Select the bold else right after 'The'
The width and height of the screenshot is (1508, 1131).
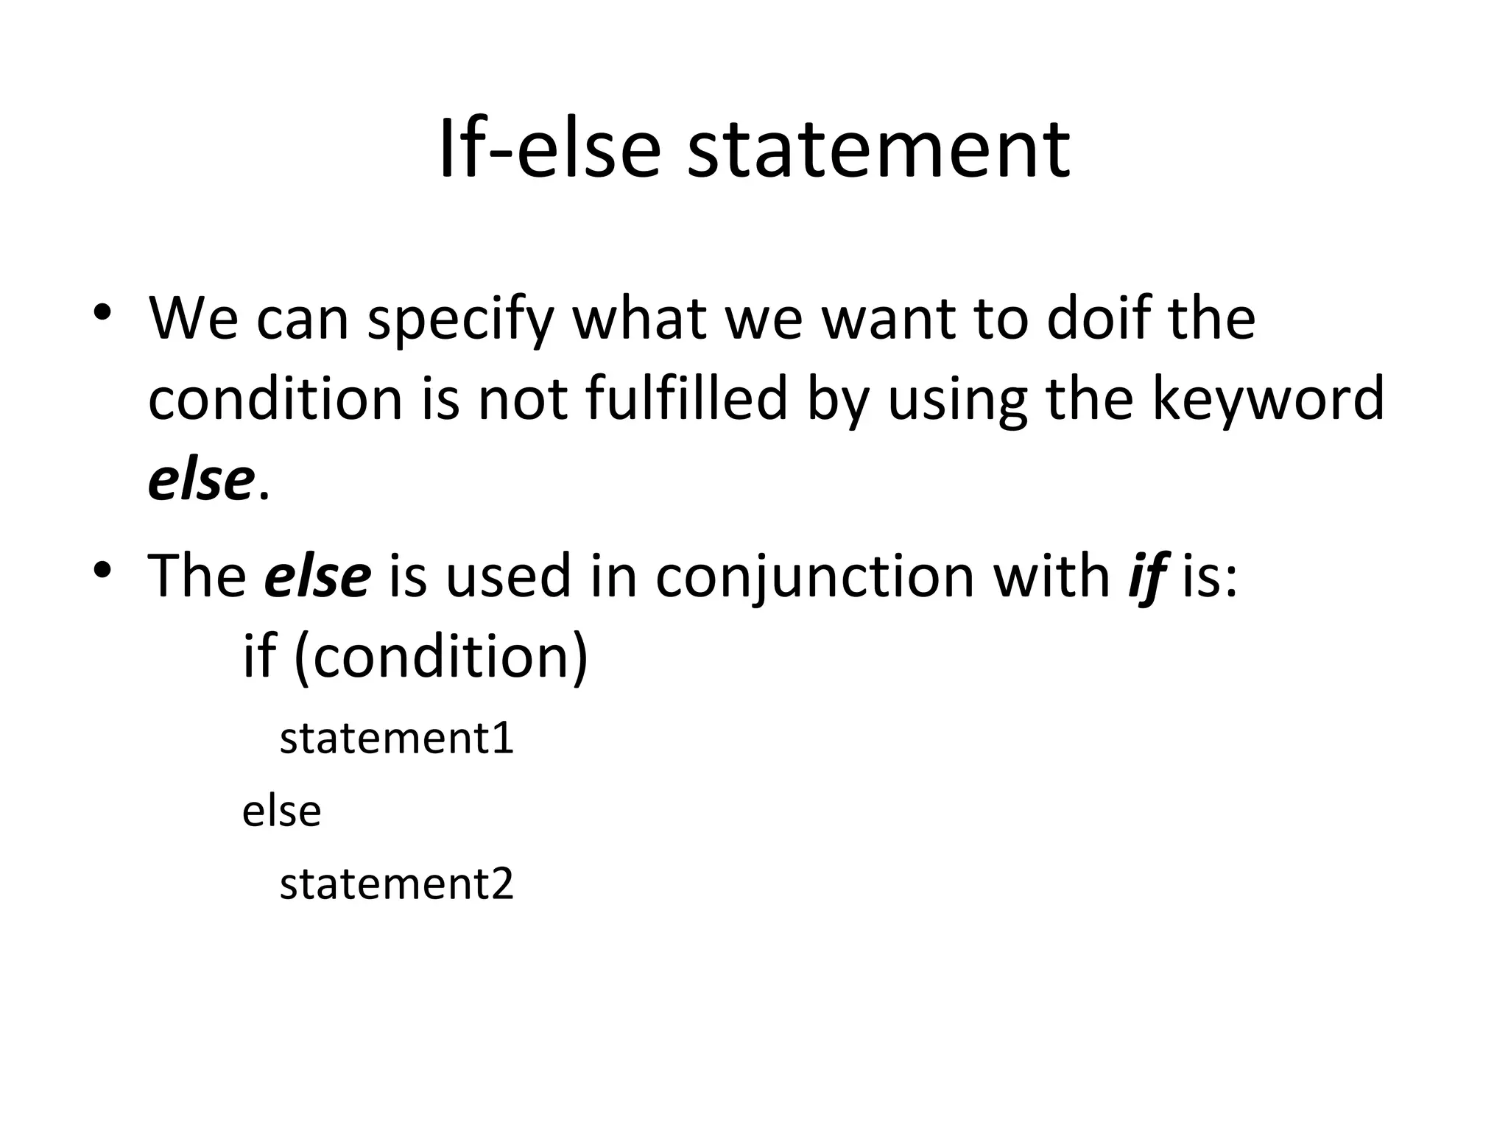317,576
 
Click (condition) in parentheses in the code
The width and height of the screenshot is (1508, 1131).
442,658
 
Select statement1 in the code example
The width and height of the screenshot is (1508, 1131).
396,738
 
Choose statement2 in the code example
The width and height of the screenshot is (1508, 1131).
396,884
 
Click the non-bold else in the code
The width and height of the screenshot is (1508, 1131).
282,811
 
